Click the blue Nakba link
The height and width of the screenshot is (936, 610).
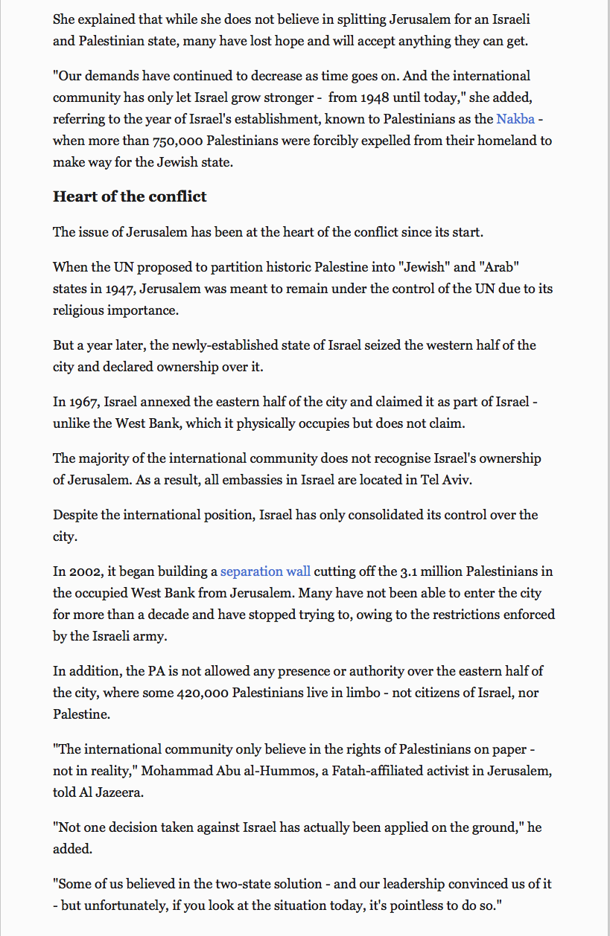tap(515, 118)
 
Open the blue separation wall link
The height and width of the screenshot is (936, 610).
tap(265, 571)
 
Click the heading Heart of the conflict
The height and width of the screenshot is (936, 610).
tap(130, 196)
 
